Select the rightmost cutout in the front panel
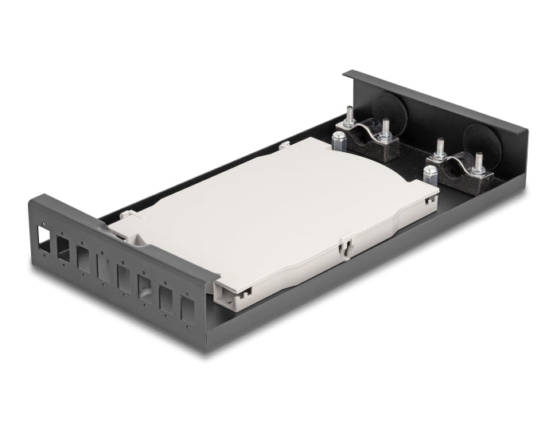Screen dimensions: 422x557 pos(187,309)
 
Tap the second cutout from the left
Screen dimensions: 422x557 pos(61,246)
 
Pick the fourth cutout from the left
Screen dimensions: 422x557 pos(101,266)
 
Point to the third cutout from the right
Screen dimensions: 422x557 pos(146,288)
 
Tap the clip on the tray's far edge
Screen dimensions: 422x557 pos(284,147)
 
